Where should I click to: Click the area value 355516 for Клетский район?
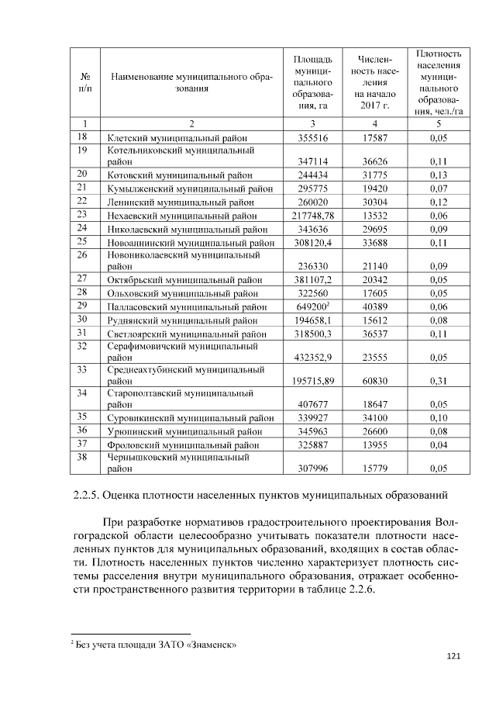[x=312, y=137]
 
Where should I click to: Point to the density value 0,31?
[x=438, y=382]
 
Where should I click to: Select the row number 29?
[x=83, y=306]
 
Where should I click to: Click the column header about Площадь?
[x=312, y=81]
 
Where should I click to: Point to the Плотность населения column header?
[x=439, y=81]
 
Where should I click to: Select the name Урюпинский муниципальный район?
[x=184, y=431]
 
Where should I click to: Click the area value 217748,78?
[x=312, y=215]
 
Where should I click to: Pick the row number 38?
[x=83, y=458]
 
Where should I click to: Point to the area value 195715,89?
[x=312, y=382]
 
